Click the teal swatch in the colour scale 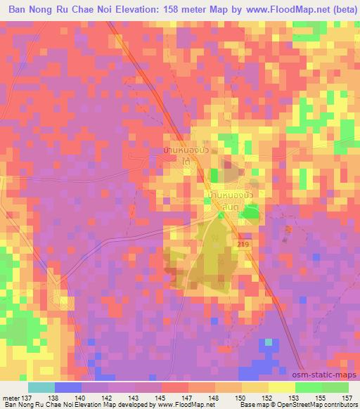click(x=41, y=387)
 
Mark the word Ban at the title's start click(x=18, y=11)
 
